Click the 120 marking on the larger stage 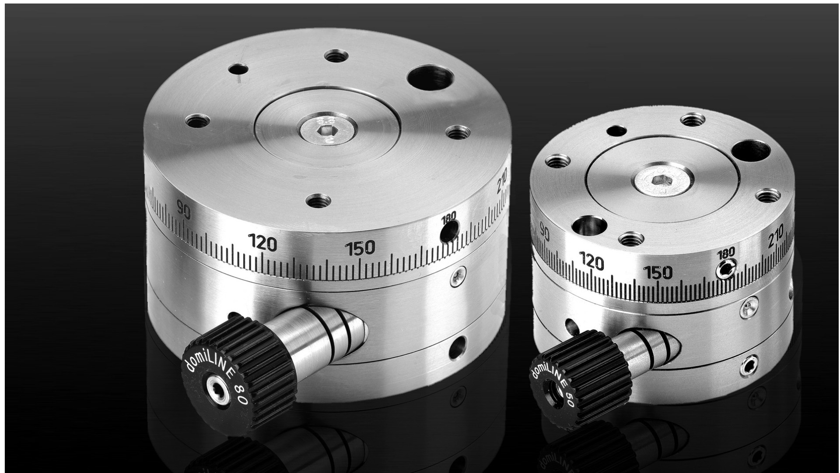pyautogui.click(x=262, y=243)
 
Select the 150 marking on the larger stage pyautogui.click(x=360, y=248)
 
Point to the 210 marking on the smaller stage pyautogui.click(x=776, y=238)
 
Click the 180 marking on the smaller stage pyautogui.click(x=726, y=253)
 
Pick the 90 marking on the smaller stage pyautogui.click(x=544, y=232)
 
